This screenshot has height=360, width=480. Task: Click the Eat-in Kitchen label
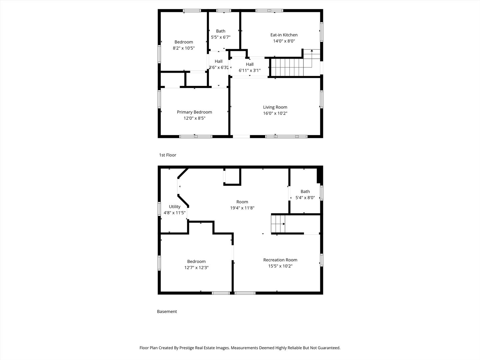(x=284, y=35)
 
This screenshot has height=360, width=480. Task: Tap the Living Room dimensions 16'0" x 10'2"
(x=275, y=113)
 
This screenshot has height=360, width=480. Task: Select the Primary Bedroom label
(x=194, y=112)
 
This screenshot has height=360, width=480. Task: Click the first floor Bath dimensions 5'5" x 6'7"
(x=221, y=37)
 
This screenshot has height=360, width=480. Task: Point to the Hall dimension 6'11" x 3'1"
(x=250, y=70)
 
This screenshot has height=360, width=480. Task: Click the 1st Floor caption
(x=168, y=155)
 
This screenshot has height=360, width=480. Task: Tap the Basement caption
(x=167, y=311)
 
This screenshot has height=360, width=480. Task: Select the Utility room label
(x=175, y=207)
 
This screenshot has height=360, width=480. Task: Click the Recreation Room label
(x=280, y=260)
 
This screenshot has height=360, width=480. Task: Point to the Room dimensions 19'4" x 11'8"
(x=242, y=208)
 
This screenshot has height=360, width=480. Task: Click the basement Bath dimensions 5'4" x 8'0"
(x=305, y=198)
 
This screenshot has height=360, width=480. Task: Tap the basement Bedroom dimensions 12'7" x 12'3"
(x=196, y=268)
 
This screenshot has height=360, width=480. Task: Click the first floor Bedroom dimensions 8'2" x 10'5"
(x=184, y=48)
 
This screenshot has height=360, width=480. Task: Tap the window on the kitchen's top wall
(x=269, y=10)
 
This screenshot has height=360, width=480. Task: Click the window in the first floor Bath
(x=223, y=10)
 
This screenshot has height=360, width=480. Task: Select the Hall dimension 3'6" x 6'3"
(x=218, y=68)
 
